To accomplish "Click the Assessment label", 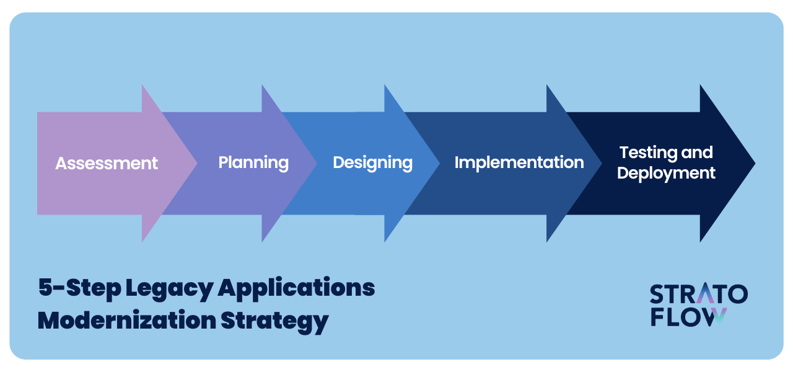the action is click(x=107, y=163).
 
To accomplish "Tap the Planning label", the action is click(x=253, y=163).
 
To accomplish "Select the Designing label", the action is click(x=373, y=163).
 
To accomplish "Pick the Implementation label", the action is click(x=519, y=162).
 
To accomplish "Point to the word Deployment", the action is click(x=666, y=174).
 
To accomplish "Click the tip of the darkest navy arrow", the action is click(x=755, y=163).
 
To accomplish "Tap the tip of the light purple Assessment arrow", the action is click(x=197, y=163).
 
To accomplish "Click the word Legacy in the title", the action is click(x=169, y=289).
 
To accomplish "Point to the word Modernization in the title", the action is click(x=127, y=321).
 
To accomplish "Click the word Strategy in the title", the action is click(x=274, y=322).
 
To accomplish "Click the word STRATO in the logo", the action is click(x=699, y=294).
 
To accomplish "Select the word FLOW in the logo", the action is click(x=689, y=317).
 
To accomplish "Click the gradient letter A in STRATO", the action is click(x=706, y=293).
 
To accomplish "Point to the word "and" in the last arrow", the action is click(x=697, y=153).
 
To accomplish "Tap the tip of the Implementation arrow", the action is click(x=602, y=163).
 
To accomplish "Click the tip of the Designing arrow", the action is click(x=439, y=163).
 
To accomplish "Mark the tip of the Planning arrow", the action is click(x=317, y=163).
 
